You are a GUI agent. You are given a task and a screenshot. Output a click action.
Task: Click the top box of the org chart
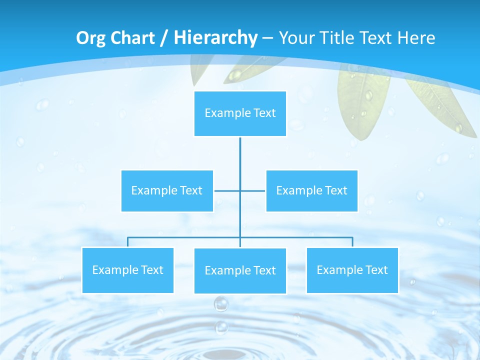pyautogui.click(x=240, y=113)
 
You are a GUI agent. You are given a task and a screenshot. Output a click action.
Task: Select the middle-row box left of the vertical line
pyautogui.click(x=167, y=190)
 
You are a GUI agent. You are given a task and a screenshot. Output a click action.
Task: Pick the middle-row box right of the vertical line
pyautogui.click(x=311, y=190)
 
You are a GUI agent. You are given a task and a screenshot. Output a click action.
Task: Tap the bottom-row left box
pyautogui.click(x=127, y=270)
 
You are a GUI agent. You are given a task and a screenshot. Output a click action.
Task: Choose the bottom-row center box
pyautogui.click(x=240, y=270)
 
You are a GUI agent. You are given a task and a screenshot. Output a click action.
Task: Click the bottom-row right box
pyautogui.click(x=352, y=270)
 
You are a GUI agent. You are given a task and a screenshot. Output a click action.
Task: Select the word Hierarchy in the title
pyautogui.click(x=215, y=38)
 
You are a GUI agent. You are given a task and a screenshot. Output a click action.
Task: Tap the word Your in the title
pyautogui.click(x=295, y=38)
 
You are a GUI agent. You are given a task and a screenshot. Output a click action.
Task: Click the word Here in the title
pyautogui.click(x=416, y=38)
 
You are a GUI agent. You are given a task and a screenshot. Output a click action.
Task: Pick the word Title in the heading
pyautogui.click(x=335, y=38)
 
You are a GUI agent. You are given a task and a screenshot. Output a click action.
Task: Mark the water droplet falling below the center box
pyautogui.click(x=221, y=303)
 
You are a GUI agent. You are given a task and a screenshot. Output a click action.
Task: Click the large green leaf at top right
pyautogui.click(x=364, y=102)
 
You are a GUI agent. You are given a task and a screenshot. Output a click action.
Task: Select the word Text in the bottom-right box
pyautogui.click(x=376, y=270)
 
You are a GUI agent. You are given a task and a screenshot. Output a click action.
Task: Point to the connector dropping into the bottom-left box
pyautogui.click(x=127, y=242)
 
